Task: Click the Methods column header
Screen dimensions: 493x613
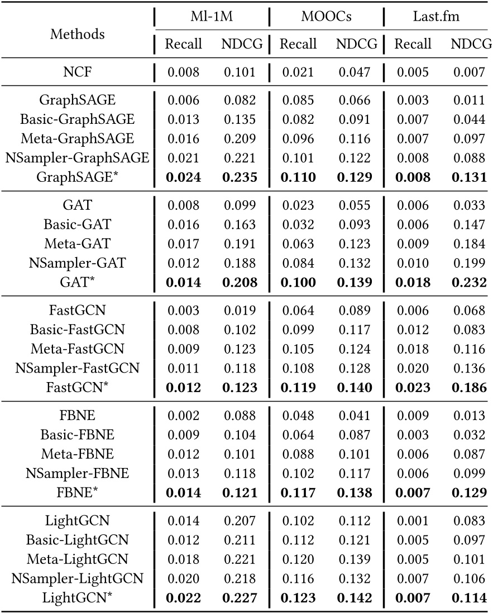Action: [x=77, y=33]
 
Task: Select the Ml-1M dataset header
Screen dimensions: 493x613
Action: [x=212, y=17]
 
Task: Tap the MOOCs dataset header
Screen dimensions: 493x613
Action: [x=326, y=17]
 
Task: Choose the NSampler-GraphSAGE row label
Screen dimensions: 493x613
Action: [x=77, y=158]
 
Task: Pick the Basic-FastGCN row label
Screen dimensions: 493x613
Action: [x=77, y=331]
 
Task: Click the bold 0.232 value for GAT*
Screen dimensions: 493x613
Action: [x=468, y=282]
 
